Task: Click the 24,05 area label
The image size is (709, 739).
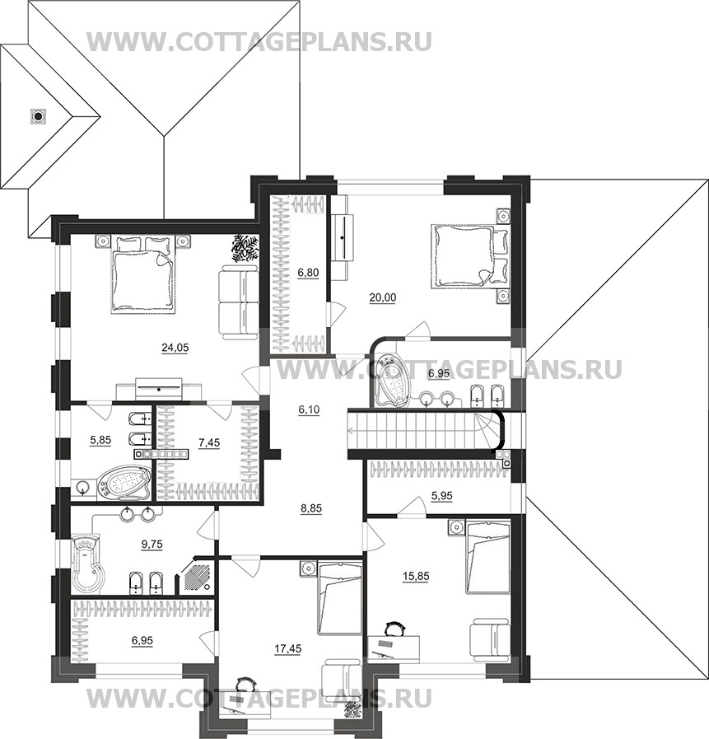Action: point(175,348)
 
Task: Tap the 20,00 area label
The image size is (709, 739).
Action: point(382,297)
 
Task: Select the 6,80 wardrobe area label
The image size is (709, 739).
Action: point(309,271)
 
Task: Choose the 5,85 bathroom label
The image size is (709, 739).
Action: point(100,441)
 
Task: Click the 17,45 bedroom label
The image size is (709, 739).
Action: point(287,648)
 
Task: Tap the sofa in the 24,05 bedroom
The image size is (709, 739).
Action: point(240,302)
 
